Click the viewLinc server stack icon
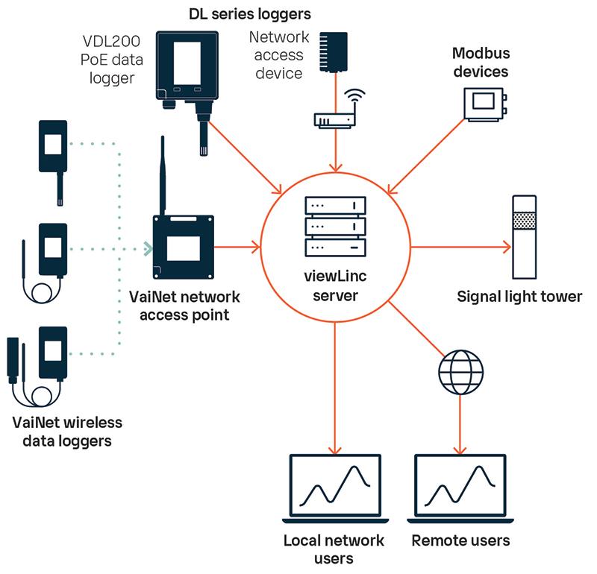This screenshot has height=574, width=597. [x=335, y=226]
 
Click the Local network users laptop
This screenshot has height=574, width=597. [x=333, y=489]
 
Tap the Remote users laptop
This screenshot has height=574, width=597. [x=459, y=489]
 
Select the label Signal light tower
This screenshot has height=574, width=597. [x=519, y=297]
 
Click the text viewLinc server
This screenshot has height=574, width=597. [x=335, y=287]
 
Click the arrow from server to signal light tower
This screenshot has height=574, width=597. [x=459, y=246]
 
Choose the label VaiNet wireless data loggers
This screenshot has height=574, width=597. [x=67, y=432]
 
